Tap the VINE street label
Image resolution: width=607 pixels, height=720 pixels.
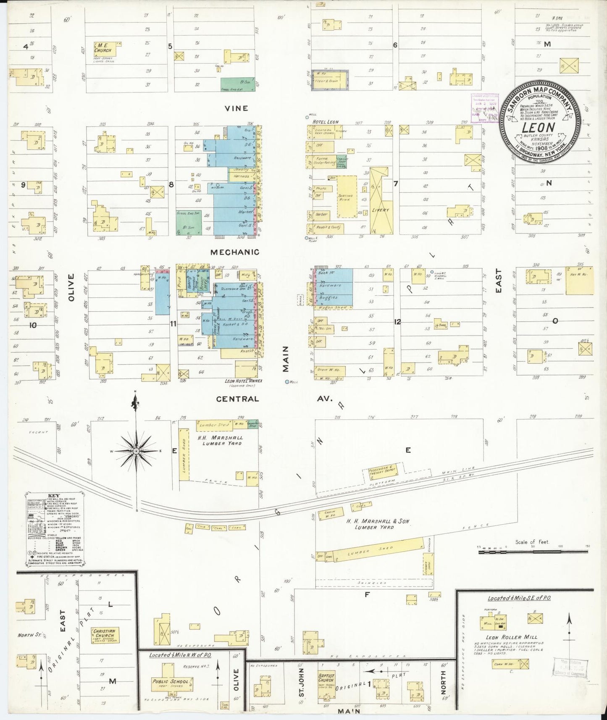click(x=236, y=108)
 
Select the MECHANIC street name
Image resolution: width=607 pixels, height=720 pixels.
click(x=235, y=252)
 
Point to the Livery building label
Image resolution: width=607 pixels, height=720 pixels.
click(x=381, y=210)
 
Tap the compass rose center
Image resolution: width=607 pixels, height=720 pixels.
click(x=136, y=450)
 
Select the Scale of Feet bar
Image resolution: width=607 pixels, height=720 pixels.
click(x=533, y=552)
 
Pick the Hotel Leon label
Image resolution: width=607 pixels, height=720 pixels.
click(x=326, y=122)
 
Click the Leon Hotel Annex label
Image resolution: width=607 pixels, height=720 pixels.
click(x=243, y=381)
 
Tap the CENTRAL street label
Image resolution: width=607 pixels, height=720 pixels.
click(x=237, y=399)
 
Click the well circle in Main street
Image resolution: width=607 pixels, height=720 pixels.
click(x=287, y=382)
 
